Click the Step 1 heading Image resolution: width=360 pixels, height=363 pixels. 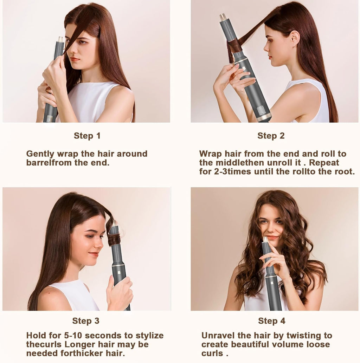coord(87,136)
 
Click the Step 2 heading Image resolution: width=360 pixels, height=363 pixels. coord(271,136)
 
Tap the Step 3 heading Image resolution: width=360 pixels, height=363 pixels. coord(86,320)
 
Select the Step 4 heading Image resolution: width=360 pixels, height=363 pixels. coord(272,320)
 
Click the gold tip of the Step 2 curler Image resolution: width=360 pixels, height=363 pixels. coord(223,17)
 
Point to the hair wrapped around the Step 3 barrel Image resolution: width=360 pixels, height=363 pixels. coord(114,240)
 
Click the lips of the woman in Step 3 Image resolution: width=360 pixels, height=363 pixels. coord(93,254)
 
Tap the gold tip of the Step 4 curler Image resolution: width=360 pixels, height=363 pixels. coord(265,239)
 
